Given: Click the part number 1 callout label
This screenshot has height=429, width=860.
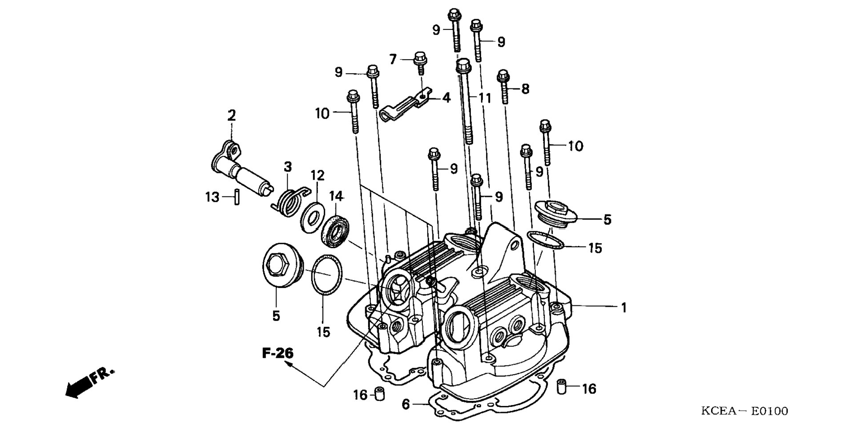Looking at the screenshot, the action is point(624,307).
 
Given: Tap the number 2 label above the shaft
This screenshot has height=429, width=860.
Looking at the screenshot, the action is point(232,116).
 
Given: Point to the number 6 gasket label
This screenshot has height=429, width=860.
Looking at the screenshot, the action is point(406,404).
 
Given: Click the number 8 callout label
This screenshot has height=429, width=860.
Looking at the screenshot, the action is point(525,89).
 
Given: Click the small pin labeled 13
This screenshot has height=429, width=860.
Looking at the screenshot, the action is point(237,196).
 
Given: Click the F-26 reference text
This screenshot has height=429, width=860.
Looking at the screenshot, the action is point(277,353).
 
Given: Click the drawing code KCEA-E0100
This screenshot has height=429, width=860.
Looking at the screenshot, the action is point(744,411).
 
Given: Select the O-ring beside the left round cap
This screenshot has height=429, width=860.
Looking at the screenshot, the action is point(327,275).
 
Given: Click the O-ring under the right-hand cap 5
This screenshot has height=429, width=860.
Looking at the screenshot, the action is point(546,241).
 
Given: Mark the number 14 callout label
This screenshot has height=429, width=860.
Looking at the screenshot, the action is point(337,196).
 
